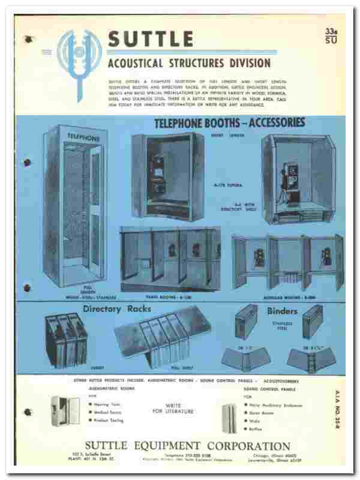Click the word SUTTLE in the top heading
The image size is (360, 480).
tap(151, 40)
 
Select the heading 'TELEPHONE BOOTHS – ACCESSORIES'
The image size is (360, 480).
tap(229, 122)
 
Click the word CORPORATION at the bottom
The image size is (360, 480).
tap(252, 446)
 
